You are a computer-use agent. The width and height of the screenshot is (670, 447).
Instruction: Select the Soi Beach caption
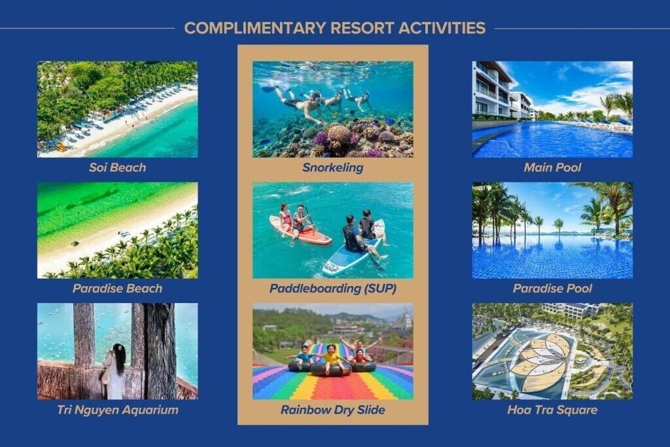[x=117, y=168]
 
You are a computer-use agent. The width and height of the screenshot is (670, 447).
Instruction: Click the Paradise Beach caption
[x=117, y=289]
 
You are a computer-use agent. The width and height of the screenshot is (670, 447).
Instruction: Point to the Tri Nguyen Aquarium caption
[x=117, y=410]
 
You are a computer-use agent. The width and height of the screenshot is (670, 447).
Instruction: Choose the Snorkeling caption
[x=332, y=168]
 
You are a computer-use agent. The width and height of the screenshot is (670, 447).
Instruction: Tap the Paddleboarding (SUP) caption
[x=332, y=289]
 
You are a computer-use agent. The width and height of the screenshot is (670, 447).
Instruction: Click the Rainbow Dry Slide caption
[x=332, y=410]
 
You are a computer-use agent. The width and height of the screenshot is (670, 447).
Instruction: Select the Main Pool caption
[x=552, y=168]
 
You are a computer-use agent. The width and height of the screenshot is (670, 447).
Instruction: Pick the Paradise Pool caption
[x=552, y=289]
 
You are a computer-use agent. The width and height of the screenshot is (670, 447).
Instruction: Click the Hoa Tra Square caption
[x=552, y=410]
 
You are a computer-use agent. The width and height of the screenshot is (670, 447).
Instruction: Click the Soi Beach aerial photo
[x=117, y=109]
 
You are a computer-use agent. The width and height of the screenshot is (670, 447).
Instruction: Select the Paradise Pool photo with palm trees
[x=552, y=230]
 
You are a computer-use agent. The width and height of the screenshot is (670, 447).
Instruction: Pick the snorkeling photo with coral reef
[x=332, y=109]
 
